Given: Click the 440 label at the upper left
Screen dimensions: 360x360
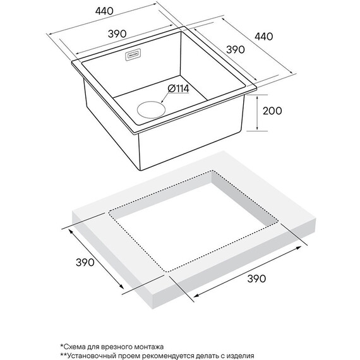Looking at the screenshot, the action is (104, 11).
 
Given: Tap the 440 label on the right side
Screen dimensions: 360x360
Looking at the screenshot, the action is (264, 37).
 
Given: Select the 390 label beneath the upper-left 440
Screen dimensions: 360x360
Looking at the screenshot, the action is (117, 33).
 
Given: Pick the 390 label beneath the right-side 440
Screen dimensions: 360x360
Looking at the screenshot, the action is (236, 49).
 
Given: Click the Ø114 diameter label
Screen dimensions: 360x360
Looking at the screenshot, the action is (178, 88).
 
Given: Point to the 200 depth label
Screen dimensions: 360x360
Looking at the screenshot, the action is (272, 111).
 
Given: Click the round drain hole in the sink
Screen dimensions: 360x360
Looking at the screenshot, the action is (151, 109).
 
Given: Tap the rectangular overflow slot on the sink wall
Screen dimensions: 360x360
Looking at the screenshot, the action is (133, 56).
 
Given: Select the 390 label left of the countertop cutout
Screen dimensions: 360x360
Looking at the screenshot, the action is (85, 262).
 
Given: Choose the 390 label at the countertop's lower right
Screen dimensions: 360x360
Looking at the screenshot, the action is (256, 279).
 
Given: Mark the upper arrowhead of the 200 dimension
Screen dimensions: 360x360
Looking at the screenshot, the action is (257, 98).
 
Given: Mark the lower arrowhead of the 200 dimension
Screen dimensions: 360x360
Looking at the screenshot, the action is (257, 128).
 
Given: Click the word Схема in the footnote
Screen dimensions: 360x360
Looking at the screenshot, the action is (73, 347).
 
